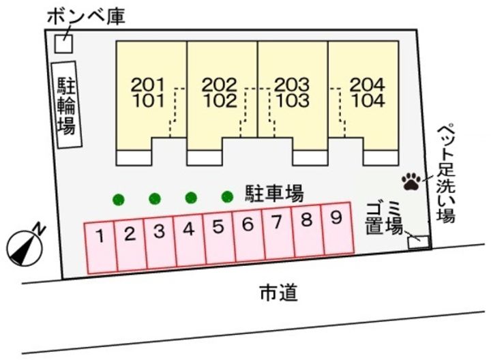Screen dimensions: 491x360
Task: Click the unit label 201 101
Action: pos(148,93)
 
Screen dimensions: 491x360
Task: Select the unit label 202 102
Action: pos(220,93)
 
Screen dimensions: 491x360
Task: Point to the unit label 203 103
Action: pos(292,93)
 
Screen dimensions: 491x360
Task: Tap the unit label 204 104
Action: pos(368,93)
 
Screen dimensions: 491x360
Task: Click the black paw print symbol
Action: pos(411,181)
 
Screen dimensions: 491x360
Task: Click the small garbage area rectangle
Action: pos(417,240)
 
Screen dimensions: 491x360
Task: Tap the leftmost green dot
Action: pos(119,200)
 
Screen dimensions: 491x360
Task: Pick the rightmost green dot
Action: pos(227,198)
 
